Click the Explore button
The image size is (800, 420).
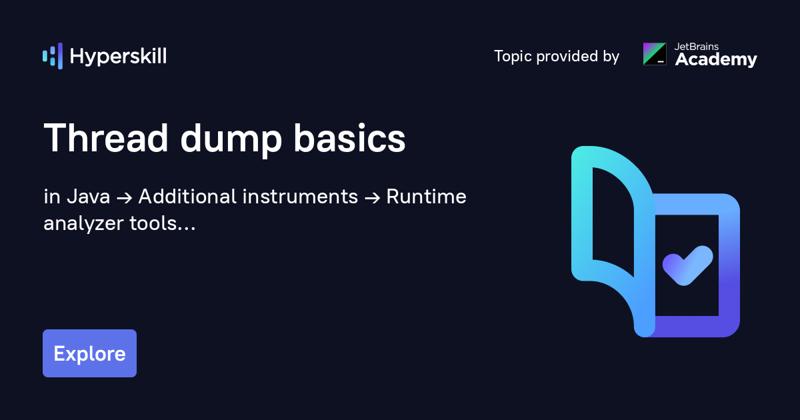[x=89, y=353]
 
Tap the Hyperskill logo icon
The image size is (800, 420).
[x=52, y=56]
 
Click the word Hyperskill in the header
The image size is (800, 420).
[x=118, y=57]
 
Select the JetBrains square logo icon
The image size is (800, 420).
[x=654, y=54]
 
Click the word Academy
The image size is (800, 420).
[x=716, y=60]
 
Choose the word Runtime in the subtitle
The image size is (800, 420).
[x=426, y=197]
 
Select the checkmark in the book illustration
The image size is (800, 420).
[x=687, y=265]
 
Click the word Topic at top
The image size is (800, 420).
[x=513, y=57]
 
